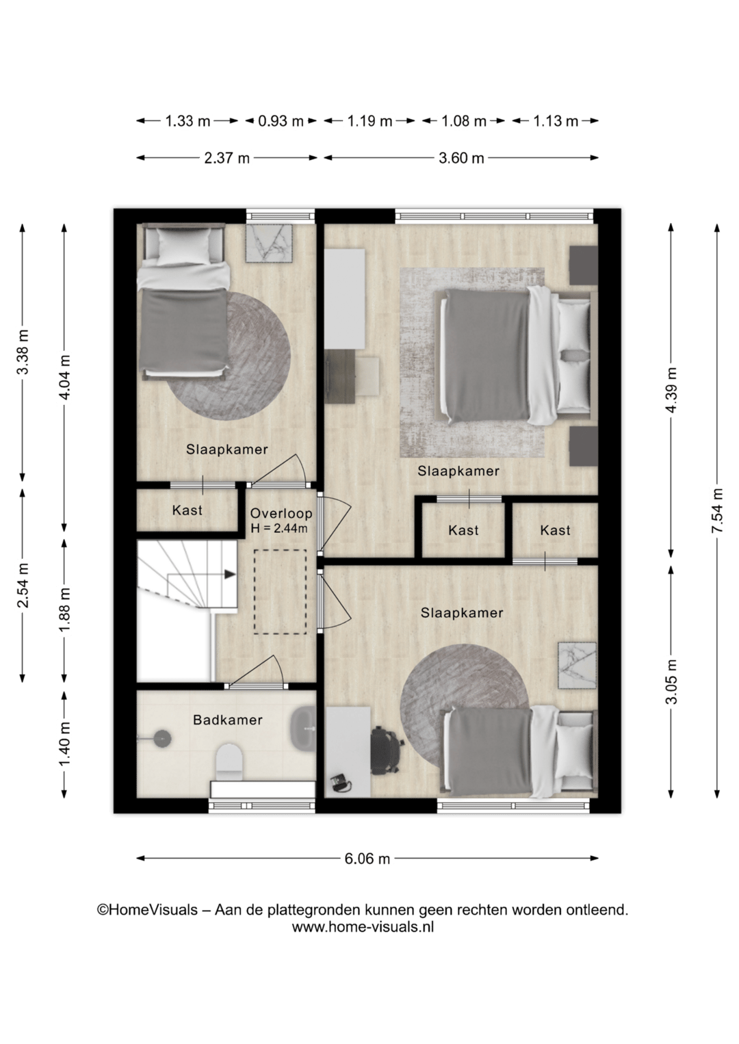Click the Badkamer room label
(x=228, y=720)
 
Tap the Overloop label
(x=281, y=514)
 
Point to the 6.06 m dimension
(x=367, y=858)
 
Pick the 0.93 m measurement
(x=281, y=122)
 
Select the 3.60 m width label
(x=461, y=159)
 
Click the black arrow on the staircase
(x=230, y=574)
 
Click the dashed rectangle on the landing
(x=280, y=592)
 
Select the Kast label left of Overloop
(x=187, y=510)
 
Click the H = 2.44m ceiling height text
(x=279, y=529)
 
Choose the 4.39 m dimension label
(x=671, y=390)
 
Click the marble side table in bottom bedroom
(x=578, y=665)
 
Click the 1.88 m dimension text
(x=65, y=609)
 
